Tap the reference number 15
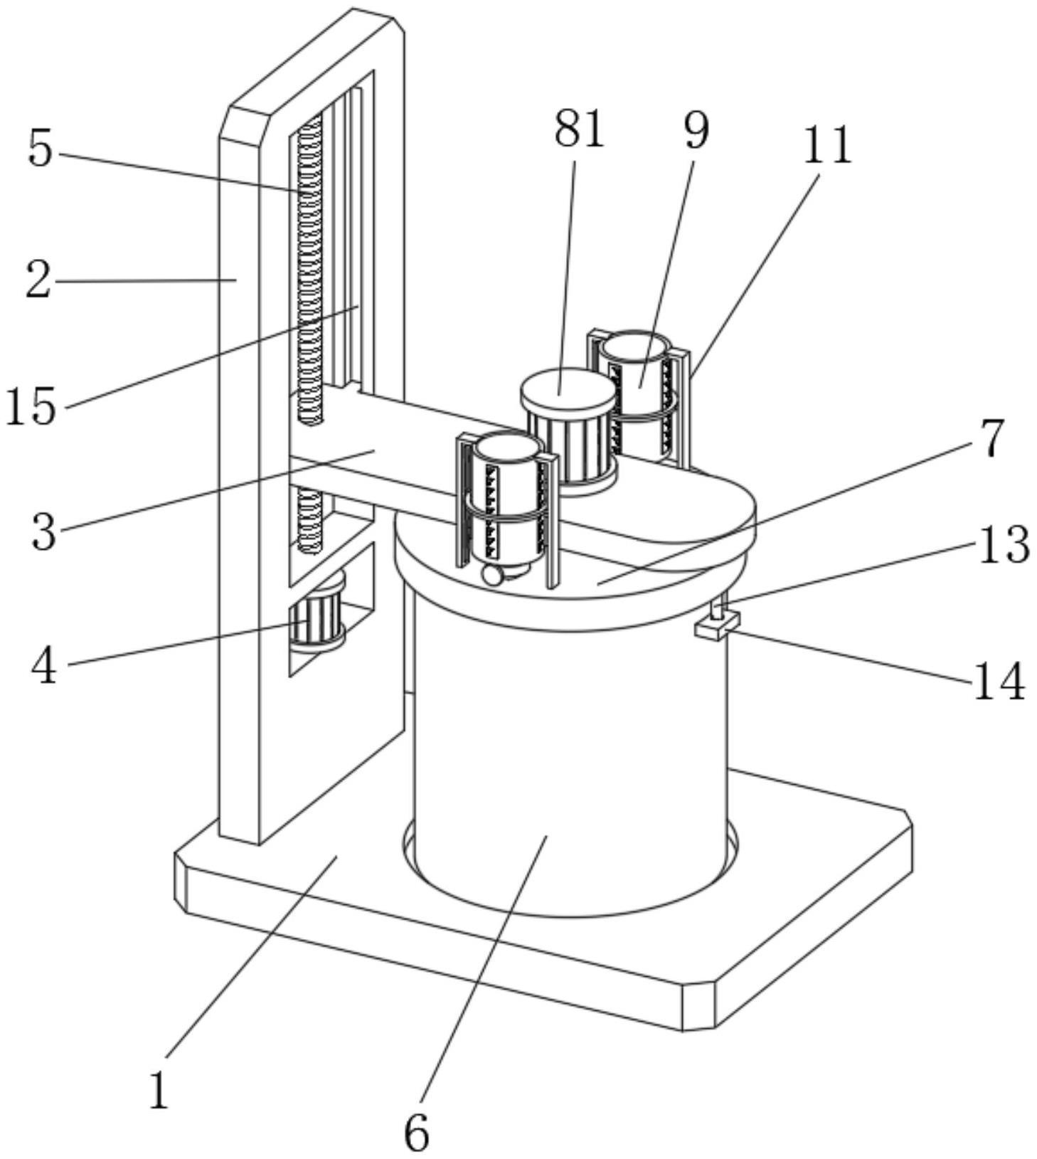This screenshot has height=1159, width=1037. (x=31, y=407)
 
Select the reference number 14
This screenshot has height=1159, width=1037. (x=998, y=682)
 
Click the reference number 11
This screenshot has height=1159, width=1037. (x=827, y=146)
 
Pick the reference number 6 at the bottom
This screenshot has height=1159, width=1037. (x=417, y=1131)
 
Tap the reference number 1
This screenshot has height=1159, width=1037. (x=159, y=1090)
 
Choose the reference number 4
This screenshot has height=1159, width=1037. (x=44, y=667)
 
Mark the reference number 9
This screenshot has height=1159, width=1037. (x=696, y=131)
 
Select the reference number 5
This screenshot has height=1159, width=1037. (x=41, y=149)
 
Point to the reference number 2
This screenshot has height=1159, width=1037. (x=39, y=280)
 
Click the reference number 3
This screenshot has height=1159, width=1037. (x=43, y=531)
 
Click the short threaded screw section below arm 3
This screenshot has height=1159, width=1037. (x=309, y=519)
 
